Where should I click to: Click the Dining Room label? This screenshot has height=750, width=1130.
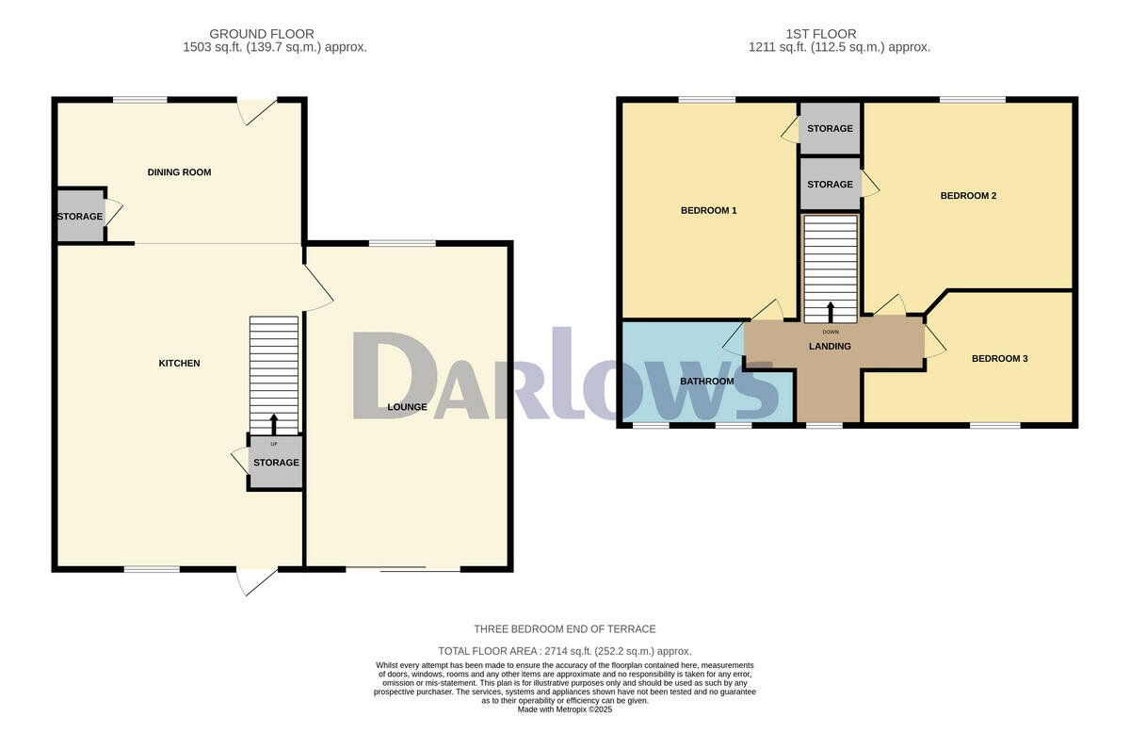(179, 172)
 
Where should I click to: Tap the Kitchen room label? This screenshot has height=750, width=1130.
(179, 364)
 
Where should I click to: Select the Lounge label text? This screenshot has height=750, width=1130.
(407, 408)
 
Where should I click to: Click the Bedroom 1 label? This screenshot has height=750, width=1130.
(708, 210)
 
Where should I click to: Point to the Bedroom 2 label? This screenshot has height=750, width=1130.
(968, 196)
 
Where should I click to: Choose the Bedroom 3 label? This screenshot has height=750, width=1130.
(999, 359)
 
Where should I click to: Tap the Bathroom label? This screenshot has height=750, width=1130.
(706, 382)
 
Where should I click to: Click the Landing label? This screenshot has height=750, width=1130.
(830, 347)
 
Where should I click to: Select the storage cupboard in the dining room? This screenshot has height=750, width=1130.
(80, 217)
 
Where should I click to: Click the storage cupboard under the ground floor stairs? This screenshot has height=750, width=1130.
(275, 463)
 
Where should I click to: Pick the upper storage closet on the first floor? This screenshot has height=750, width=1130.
(830, 129)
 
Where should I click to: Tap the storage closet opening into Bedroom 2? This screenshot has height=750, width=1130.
(830, 185)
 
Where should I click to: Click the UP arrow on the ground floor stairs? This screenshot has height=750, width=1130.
(274, 423)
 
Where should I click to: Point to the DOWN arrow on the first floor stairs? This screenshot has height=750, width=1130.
(830, 312)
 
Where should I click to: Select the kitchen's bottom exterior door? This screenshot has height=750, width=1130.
(256, 580)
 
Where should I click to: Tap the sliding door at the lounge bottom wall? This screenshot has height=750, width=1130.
(402, 570)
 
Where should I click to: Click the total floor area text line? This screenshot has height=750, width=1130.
(565, 651)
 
